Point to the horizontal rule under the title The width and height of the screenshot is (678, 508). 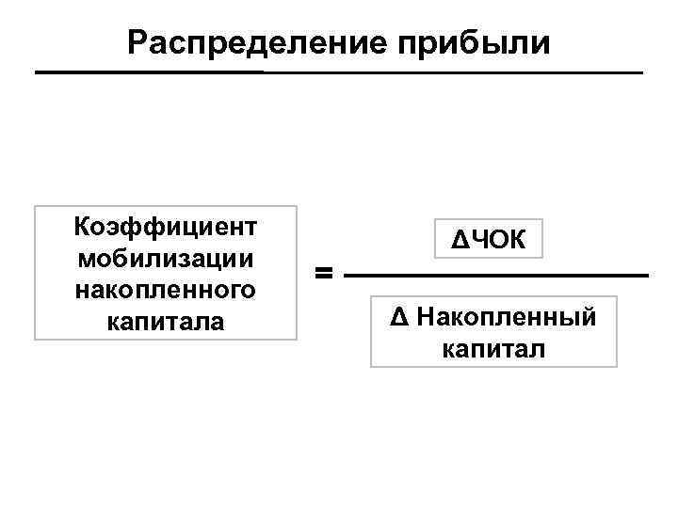click(x=339, y=72)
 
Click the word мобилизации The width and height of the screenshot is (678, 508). click(x=165, y=257)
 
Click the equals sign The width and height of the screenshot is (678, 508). click(x=323, y=274)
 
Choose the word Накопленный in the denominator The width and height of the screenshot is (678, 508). click(x=506, y=317)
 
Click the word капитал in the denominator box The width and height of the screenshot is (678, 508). click(x=492, y=349)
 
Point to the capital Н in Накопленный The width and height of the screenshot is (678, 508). click(x=424, y=317)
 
